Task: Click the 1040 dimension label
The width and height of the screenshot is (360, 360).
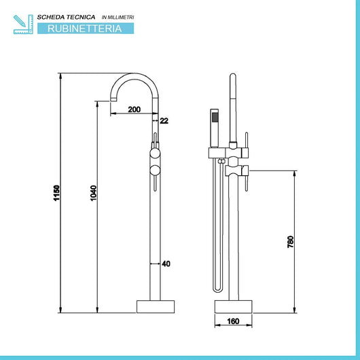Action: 94,197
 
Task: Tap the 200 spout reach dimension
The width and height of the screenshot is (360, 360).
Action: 134,109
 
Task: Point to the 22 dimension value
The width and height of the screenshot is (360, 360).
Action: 164,121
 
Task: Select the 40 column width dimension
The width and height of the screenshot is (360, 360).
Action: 166,264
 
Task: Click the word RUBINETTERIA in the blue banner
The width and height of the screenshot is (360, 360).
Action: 86,29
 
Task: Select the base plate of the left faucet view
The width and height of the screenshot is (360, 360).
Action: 155,306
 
